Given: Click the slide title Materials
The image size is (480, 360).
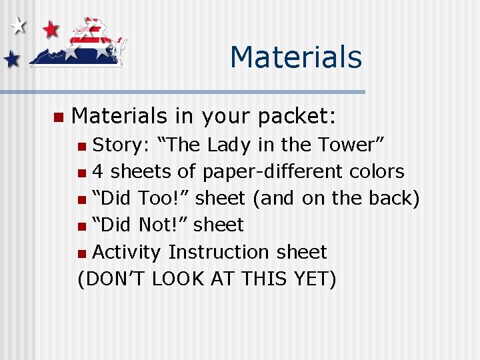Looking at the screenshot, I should coord(295,57).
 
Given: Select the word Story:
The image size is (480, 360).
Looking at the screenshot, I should coord(121,145).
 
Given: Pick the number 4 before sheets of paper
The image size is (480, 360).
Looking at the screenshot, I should coord(97,171).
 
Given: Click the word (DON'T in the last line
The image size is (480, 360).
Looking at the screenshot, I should coord(112,279).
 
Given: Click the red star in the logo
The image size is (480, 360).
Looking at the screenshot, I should coord(51,29).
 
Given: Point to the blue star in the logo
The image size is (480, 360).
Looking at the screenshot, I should coord(11,60).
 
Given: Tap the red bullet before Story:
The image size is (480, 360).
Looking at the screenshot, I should coord(81,146).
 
